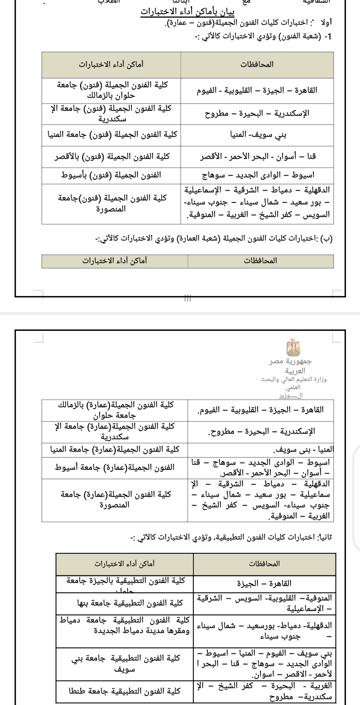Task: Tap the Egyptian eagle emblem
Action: point(293,347)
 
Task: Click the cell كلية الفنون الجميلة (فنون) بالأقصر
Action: point(112,157)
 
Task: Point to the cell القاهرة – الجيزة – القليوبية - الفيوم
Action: point(257,91)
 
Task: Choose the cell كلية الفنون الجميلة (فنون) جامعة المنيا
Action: point(112,135)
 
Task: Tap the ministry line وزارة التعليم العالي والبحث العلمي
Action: point(293,383)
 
